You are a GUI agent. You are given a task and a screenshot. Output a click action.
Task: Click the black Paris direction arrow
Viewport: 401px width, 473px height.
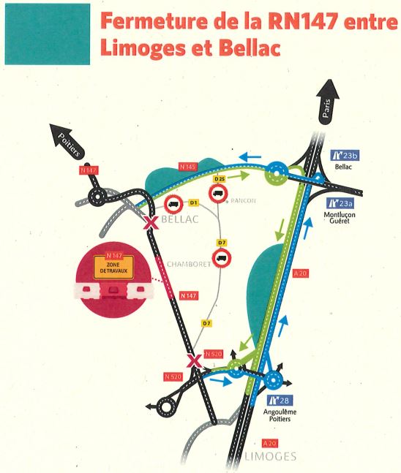pyautogui.click(x=327, y=102)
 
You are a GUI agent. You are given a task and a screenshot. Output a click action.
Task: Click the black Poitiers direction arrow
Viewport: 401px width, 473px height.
pyautogui.click(x=68, y=141)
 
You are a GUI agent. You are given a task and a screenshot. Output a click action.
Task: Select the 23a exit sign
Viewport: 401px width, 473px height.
pyautogui.click(x=340, y=203)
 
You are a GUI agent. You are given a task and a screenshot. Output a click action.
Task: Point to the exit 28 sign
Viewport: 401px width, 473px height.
pyautogui.click(x=280, y=401)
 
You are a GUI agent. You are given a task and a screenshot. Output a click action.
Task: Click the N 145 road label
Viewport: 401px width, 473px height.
pyautogui.click(x=188, y=167)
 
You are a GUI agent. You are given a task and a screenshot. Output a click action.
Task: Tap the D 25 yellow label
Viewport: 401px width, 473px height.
pyautogui.click(x=220, y=179)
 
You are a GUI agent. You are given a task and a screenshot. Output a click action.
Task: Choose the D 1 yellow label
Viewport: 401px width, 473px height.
pyautogui.click(x=194, y=203)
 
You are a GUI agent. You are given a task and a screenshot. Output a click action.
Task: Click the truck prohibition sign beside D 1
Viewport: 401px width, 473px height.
pyautogui.click(x=173, y=204)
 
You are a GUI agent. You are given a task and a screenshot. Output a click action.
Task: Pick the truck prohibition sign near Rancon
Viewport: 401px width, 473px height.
pyautogui.click(x=218, y=193)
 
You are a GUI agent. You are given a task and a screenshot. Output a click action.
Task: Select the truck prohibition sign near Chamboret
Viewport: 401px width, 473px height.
pyautogui.click(x=222, y=258)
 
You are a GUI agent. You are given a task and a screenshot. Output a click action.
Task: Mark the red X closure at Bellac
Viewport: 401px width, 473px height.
pyautogui.click(x=151, y=223)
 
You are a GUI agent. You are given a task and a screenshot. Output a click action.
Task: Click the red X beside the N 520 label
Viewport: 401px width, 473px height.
pyautogui.click(x=195, y=361)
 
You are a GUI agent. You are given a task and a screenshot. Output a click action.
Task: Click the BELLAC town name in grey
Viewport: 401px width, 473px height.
pyautogui.click(x=180, y=219)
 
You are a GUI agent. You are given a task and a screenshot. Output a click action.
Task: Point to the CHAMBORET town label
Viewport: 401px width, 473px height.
pyautogui.click(x=189, y=264)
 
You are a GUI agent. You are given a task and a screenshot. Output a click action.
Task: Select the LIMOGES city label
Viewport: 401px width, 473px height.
pyautogui.click(x=270, y=456)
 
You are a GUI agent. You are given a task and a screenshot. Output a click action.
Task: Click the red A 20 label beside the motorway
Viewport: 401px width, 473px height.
pyautogui.click(x=301, y=273)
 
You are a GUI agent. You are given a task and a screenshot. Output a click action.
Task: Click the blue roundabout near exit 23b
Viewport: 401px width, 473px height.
pyautogui.click(x=277, y=173)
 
